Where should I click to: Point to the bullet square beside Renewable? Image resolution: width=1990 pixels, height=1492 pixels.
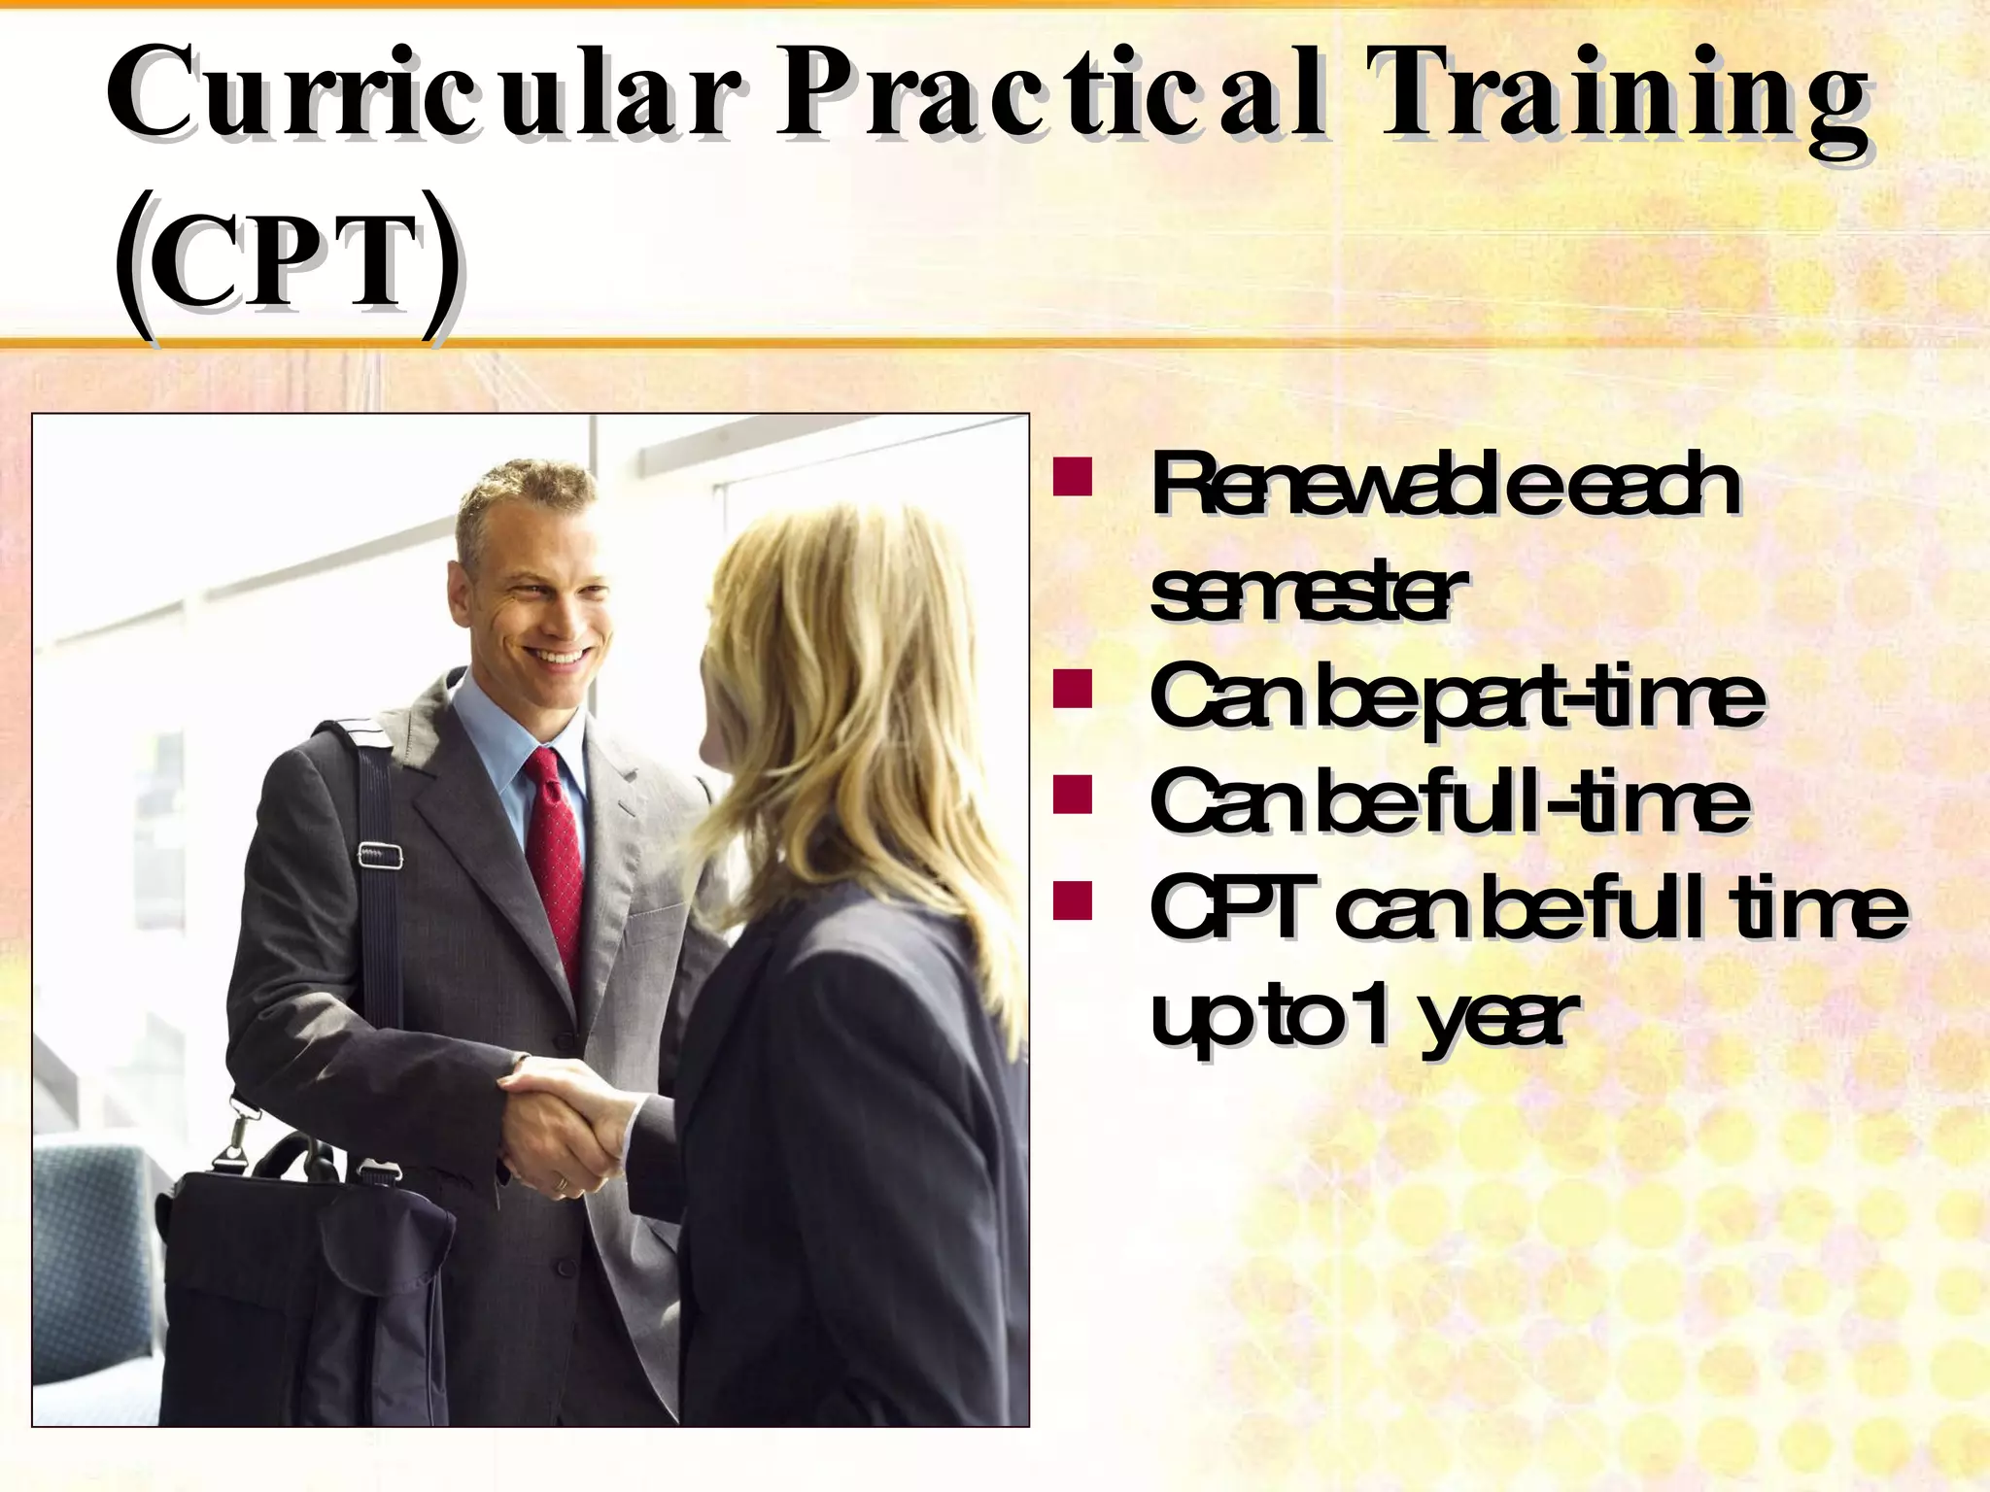[1073, 480]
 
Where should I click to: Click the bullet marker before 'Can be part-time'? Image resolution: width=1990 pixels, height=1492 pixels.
[1073, 690]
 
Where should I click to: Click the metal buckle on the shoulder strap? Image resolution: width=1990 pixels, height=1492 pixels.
[381, 856]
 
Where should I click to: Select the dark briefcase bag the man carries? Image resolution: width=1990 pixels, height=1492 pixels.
[301, 1292]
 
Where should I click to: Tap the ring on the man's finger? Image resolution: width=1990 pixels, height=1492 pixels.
[561, 1183]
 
